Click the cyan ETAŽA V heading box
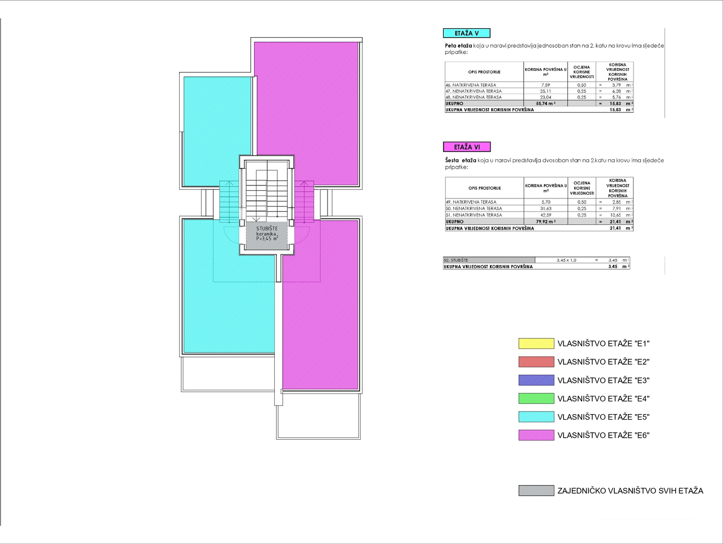(x=466, y=33)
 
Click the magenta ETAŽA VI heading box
(x=466, y=147)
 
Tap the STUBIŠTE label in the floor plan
(x=267, y=229)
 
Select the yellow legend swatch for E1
(x=536, y=344)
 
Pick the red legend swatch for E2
(x=536, y=362)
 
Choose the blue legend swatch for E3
(x=536, y=380)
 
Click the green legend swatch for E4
(x=536, y=398)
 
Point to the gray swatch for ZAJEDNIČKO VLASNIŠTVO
(x=536, y=491)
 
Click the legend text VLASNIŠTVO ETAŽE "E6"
(x=603, y=435)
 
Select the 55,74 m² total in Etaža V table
(x=545, y=103)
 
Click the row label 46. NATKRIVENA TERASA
(x=471, y=85)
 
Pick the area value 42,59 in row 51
(x=546, y=215)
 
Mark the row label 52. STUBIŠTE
(x=456, y=260)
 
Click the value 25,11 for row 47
(x=545, y=91)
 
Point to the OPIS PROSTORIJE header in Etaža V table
(x=484, y=72)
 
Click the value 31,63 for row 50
(x=546, y=209)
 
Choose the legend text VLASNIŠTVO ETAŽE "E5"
(x=603, y=417)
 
